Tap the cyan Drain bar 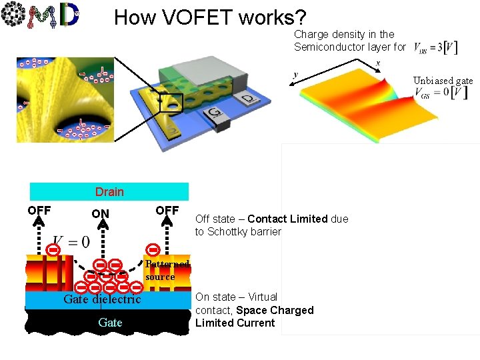109,192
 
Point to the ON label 100,214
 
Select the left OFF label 39,211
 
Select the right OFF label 167,211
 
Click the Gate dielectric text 102,299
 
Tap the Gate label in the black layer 110,323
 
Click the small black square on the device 171,103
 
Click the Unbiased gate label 443,81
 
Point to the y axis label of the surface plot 295,75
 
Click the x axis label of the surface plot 378,63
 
